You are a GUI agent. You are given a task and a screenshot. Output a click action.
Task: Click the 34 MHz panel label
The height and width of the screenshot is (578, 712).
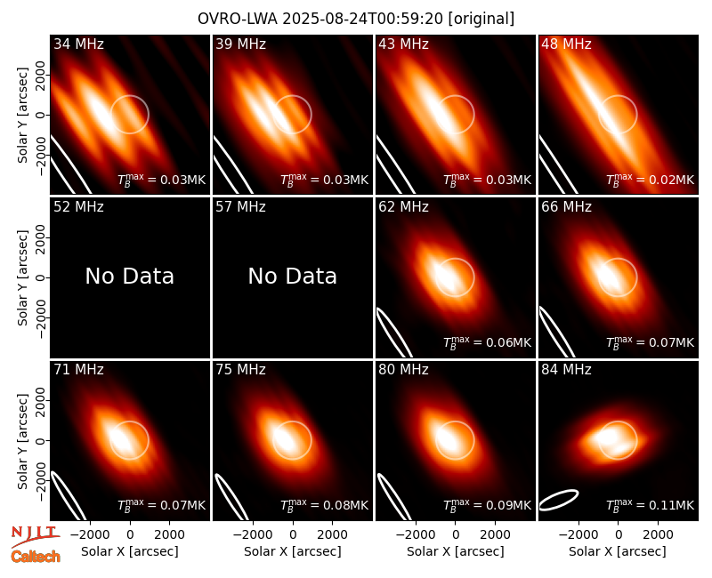tap(78, 44)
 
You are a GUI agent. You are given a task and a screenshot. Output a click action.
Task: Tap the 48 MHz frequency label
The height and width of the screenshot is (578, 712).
tap(566, 44)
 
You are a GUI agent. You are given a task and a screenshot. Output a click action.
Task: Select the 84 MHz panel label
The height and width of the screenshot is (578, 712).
tap(566, 370)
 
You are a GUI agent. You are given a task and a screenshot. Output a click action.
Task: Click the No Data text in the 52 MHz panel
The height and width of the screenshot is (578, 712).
tap(130, 276)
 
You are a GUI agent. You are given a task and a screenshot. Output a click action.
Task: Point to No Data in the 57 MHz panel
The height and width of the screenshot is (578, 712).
tap(293, 276)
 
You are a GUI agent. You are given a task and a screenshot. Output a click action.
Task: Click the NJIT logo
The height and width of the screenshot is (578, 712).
tap(36, 536)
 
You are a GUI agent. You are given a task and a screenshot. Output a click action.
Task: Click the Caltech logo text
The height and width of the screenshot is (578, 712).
tap(36, 557)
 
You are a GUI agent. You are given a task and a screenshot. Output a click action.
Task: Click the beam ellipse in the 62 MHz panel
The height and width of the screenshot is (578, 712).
tap(394, 333)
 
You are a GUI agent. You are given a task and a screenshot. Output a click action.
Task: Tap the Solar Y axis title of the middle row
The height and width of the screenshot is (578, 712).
tap(23, 277)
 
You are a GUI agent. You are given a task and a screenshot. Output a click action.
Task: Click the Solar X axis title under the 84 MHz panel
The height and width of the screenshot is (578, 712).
tap(618, 551)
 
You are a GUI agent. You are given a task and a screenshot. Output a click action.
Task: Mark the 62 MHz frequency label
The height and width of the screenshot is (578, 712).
tap(404, 207)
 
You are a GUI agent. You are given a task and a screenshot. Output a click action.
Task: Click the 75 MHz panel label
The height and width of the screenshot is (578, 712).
tap(240, 370)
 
